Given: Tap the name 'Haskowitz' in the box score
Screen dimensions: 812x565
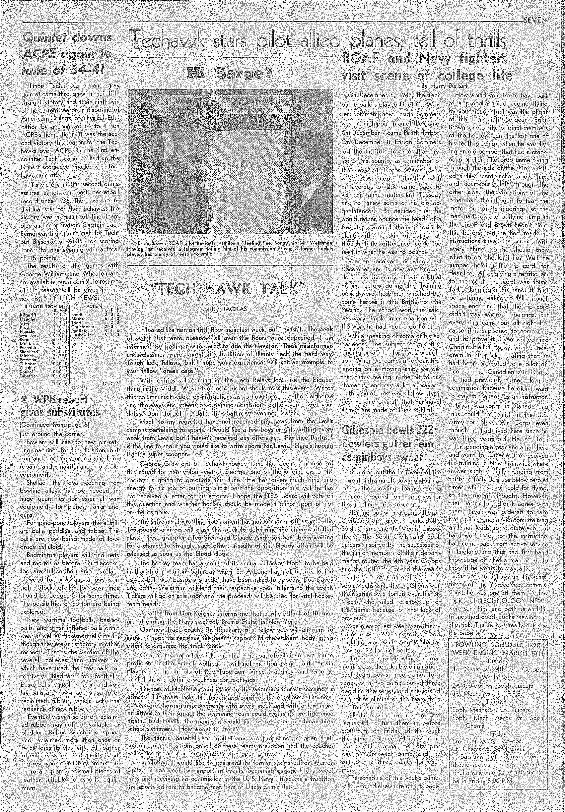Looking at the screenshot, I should pos(81,334).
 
